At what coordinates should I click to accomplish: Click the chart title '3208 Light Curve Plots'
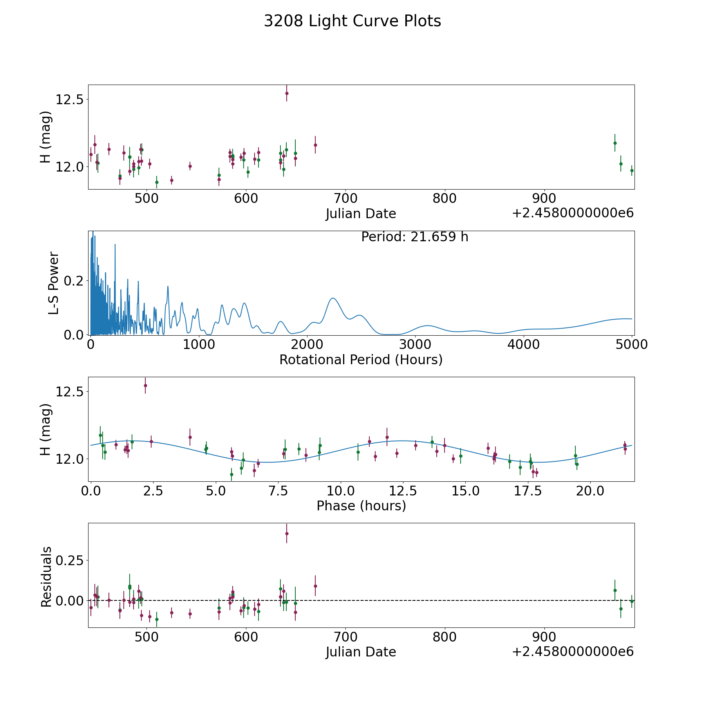[352, 21]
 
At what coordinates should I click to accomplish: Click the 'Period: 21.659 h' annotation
[415, 237]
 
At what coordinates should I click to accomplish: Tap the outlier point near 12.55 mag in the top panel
[287, 93]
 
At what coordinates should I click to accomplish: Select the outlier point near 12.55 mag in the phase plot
[145, 385]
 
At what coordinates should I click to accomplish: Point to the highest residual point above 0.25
[287, 533]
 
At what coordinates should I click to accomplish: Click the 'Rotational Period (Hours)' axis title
[361, 360]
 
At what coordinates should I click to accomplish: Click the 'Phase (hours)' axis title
[361, 506]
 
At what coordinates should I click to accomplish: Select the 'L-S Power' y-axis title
[54, 283]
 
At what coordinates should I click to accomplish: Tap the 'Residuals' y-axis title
[46, 577]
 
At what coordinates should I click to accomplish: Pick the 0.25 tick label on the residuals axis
[70, 560]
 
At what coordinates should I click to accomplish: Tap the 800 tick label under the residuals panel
[445, 637]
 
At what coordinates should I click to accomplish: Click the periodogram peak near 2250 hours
[333, 298]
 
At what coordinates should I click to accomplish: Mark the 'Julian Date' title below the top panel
[361, 214]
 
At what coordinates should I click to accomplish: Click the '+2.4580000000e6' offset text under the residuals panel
[573, 651]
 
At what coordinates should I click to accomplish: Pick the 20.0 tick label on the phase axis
[589, 491]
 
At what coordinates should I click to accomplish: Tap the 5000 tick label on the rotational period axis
[632, 344]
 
